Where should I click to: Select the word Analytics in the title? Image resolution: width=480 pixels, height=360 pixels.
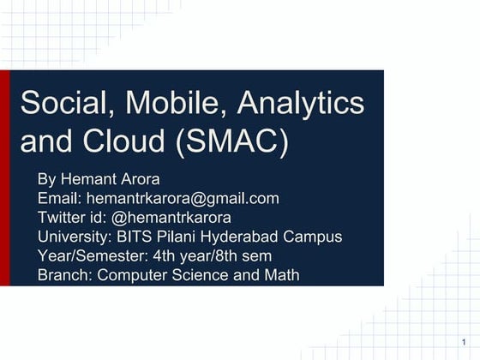point(301,105)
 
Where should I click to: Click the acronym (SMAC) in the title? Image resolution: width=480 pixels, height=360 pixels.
point(232,142)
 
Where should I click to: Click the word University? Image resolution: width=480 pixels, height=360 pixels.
point(73,237)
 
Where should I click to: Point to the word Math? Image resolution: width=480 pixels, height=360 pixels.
point(282,275)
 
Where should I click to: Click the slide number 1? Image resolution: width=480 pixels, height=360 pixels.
point(463,344)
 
